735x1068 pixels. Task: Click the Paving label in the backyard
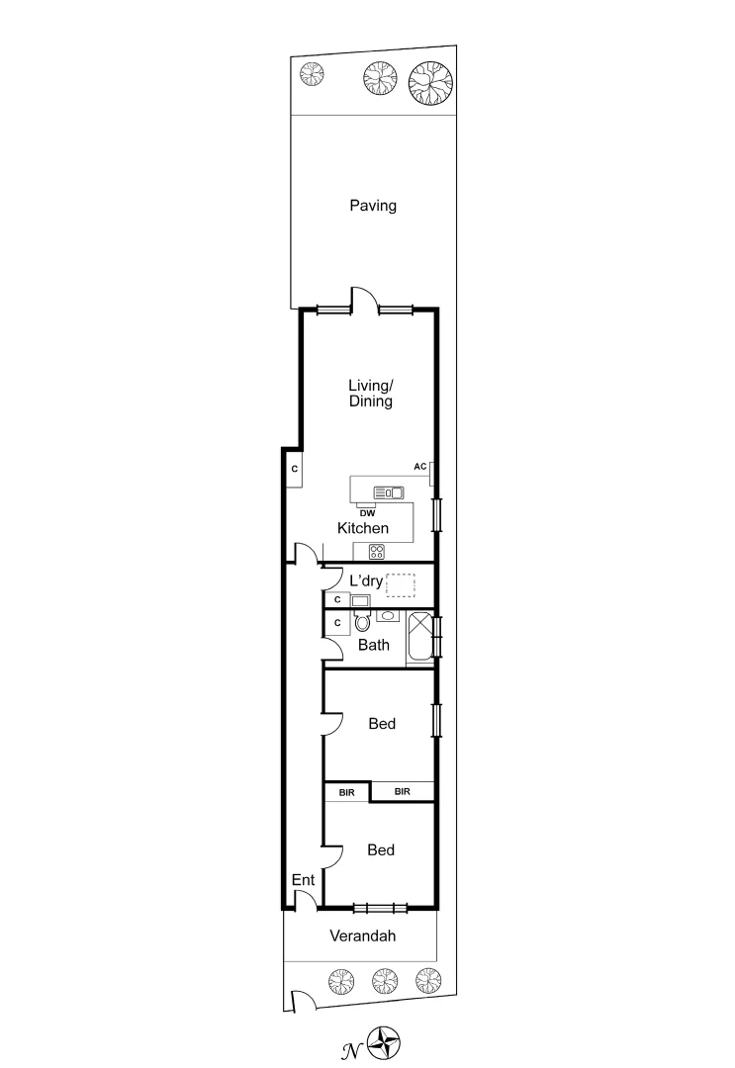pos(373,206)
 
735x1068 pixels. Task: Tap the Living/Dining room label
pos(370,394)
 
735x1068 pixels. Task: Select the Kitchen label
pos(363,528)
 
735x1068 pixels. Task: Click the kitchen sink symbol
pos(389,491)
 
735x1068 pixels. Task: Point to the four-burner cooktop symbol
pos(377,552)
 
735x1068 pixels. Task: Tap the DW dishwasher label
pos(366,512)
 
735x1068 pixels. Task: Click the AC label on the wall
pos(419,466)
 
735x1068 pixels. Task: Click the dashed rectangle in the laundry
pos(401,584)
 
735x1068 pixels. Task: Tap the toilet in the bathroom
pos(362,622)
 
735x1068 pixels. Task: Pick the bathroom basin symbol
pos(387,616)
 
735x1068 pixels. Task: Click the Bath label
pos(373,646)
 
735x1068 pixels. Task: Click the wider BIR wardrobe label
pos(403,791)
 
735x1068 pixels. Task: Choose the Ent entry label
pos(302,880)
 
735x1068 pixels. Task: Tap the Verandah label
pos(362,935)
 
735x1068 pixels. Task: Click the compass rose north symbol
pos(385,1041)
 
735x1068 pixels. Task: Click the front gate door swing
pos(303,1002)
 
